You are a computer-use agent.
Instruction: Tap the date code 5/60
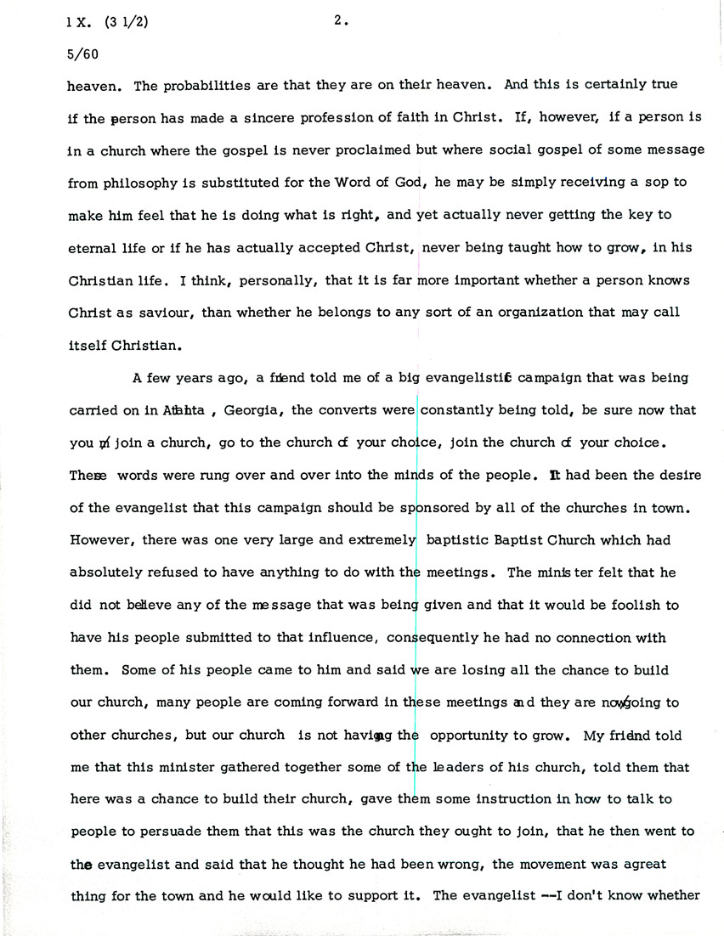click(x=80, y=53)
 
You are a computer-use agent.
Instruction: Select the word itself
click(x=88, y=345)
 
